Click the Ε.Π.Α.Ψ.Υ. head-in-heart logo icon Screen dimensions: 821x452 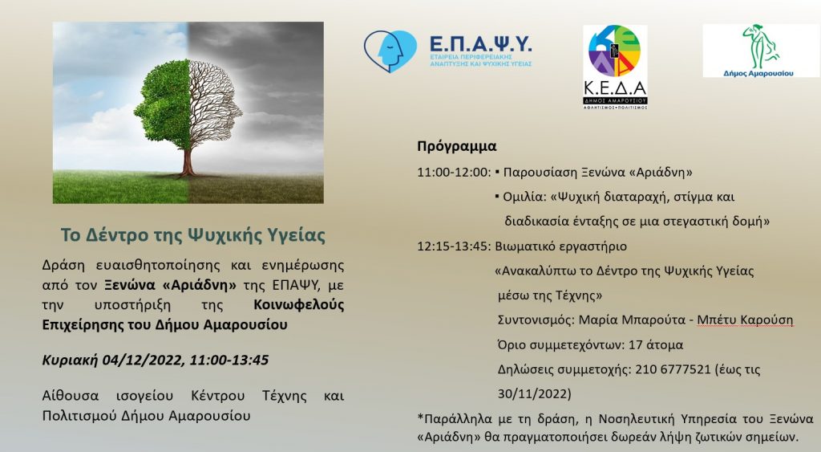point(390,51)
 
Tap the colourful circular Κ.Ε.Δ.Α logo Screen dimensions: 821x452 point(615,51)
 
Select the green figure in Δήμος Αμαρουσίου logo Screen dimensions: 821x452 point(761,46)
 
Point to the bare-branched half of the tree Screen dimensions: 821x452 point(215,105)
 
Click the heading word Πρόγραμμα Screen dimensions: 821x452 point(456,146)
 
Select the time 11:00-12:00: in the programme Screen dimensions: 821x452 point(454,173)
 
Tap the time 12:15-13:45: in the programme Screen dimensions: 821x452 point(454,246)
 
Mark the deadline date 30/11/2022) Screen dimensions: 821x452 point(535,394)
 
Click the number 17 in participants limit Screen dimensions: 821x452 point(635,345)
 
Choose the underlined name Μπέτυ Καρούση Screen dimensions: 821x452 point(745,320)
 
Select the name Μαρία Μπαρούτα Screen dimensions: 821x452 point(632,320)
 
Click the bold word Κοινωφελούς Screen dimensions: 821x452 point(299,304)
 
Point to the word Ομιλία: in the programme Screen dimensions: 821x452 point(524,197)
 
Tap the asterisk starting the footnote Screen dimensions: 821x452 point(420,418)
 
